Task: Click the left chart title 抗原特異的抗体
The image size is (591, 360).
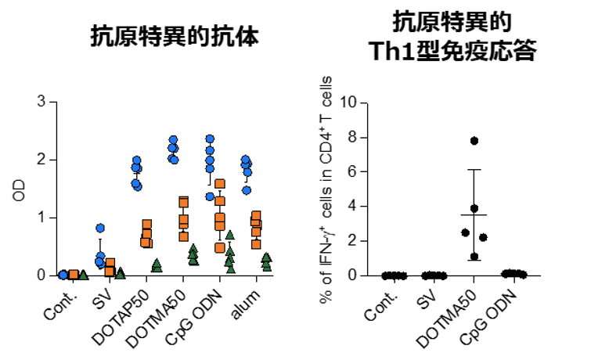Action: pyautogui.click(x=174, y=37)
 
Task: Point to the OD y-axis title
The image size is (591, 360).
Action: pyautogui.click(x=20, y=189)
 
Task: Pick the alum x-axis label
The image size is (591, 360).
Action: pyautogui.click(x=250, y=300)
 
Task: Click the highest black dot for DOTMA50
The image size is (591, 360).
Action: pyautogui.click(x=474, y=141)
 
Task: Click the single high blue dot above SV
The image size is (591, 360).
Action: pyautogui.click(x=100, y=228)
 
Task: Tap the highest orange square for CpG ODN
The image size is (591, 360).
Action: pyautogui.click(x=220, y=185)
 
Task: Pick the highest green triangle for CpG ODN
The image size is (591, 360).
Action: pyautogui.click(x=229, y=234)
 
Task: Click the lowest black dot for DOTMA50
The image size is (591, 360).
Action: pyautogui.click(x=474, y=257)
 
